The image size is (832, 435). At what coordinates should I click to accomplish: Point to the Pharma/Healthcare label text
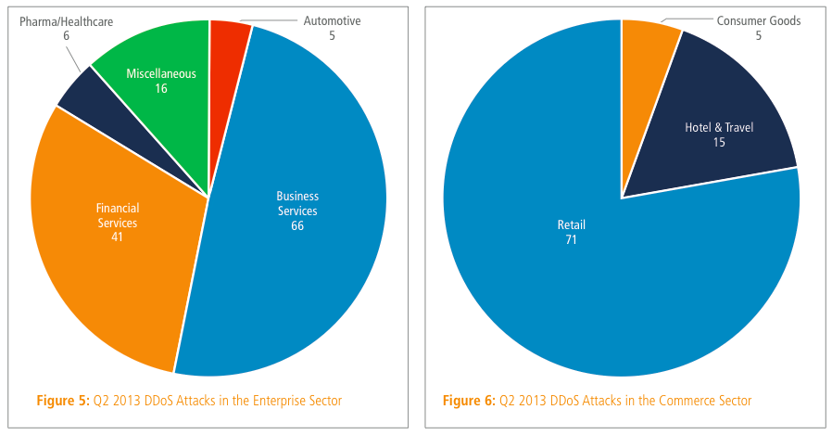coord(66,19)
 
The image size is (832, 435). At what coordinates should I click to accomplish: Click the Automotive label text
coord(332,19)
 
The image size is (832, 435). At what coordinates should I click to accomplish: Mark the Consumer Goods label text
coord(758,19)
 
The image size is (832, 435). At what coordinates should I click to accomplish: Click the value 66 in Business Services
coord(296,225)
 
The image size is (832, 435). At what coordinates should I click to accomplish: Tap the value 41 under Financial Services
coord(117,237)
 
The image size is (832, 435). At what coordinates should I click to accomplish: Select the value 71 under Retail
coord(571,239)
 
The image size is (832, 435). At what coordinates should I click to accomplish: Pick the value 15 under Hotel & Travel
coord(719,142)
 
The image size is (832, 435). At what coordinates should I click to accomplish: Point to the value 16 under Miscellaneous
coord(161,88)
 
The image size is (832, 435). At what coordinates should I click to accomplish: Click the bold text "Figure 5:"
coord(61,401)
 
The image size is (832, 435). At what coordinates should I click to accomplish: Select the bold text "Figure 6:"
coord(468,401)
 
